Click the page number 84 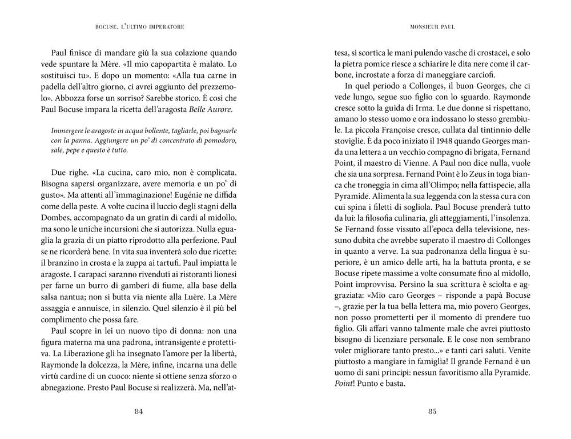[138, 412]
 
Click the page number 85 [432, 412]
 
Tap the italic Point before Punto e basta [345, 383]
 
